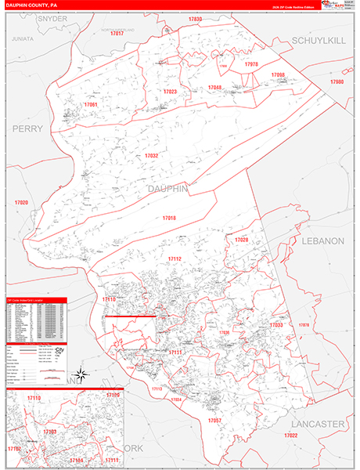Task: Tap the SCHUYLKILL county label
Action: pyautogui.click(x=318, y=40)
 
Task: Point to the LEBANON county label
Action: pyautogui.click(x=322, y=241)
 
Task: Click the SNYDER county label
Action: pyautogui.click(x=30, y=17)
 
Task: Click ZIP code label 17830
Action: pyautogui.click(x=195, y=19)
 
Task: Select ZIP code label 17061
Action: pyautogui.click(x=91, y=104)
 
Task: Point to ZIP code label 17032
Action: pyautogui.click(x=151, y=156)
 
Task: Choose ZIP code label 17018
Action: pyautogui.click(x=169, y=218)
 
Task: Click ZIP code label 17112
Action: pyautogui.click(x=175, y=259)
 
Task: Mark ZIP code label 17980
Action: pyautogui.click(x=337, y=81)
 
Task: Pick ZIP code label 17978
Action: pyautogui.click(x=250, y=64)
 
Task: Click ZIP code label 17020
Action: pyautogui.click(x=20, y=203)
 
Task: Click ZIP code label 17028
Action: pyautogui.click(x=242, y=239)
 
